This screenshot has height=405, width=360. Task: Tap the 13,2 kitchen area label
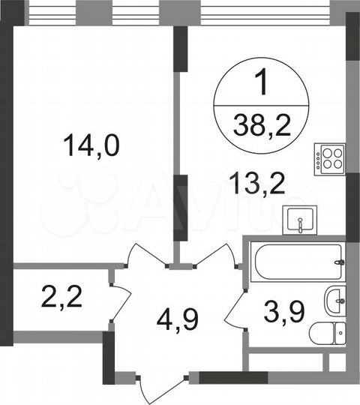(259, 182)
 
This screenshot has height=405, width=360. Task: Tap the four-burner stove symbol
(330, 158)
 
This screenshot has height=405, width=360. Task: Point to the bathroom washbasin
(334, 301)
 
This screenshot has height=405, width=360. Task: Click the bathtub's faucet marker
(340, 262)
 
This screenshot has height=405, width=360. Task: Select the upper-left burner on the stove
(326, 154)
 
